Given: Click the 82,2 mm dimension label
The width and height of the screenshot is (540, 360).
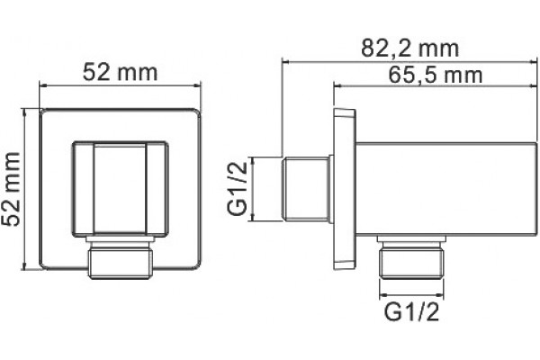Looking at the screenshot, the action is pyautogui.click(x=409, y=49).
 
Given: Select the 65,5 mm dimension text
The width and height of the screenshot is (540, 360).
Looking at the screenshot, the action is pyautogui.click(x=436, y=75).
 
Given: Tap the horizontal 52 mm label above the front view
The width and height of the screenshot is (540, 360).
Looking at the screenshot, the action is pyautogui.click(x=120, y=72).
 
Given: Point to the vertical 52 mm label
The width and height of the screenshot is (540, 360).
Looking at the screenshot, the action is pyautogui.click(x=11, y=189).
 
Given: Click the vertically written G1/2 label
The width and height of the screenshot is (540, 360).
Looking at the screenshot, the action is pyautogui.click(x=238, y=189).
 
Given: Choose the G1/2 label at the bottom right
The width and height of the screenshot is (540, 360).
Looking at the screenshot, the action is pyautogui.click(x=411, y=312).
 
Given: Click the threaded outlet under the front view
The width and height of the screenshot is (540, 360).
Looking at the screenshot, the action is pyautogui.click(x=121, y=257).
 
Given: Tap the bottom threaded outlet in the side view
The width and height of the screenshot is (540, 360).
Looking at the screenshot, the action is pyautogui.click(x=411, y=256).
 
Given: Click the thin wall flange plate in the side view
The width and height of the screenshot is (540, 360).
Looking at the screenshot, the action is pyautogui.click(x=345, y=189).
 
